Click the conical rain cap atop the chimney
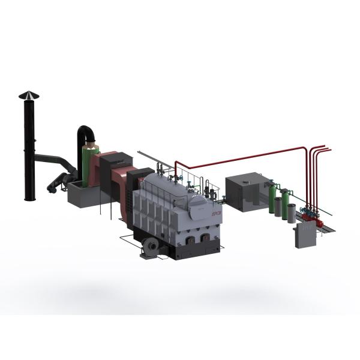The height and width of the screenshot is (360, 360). [27, 95]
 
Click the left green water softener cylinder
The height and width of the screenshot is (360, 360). [274, 199]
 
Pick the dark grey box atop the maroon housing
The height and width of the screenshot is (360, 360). [124, 159]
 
